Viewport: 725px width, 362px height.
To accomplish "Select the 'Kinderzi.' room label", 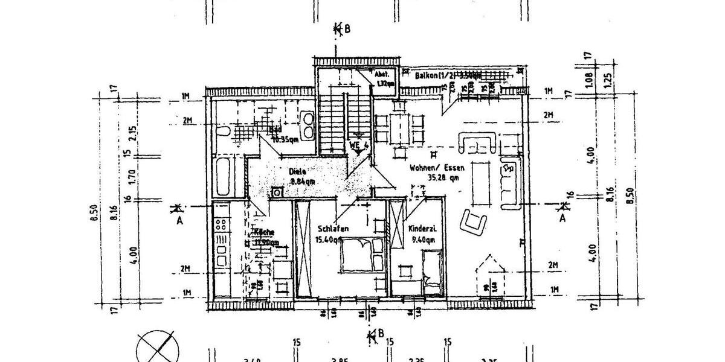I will click(423, 229).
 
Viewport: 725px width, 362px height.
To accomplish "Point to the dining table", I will click(398, 125).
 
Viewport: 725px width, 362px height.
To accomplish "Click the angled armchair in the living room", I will click(473, 223).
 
